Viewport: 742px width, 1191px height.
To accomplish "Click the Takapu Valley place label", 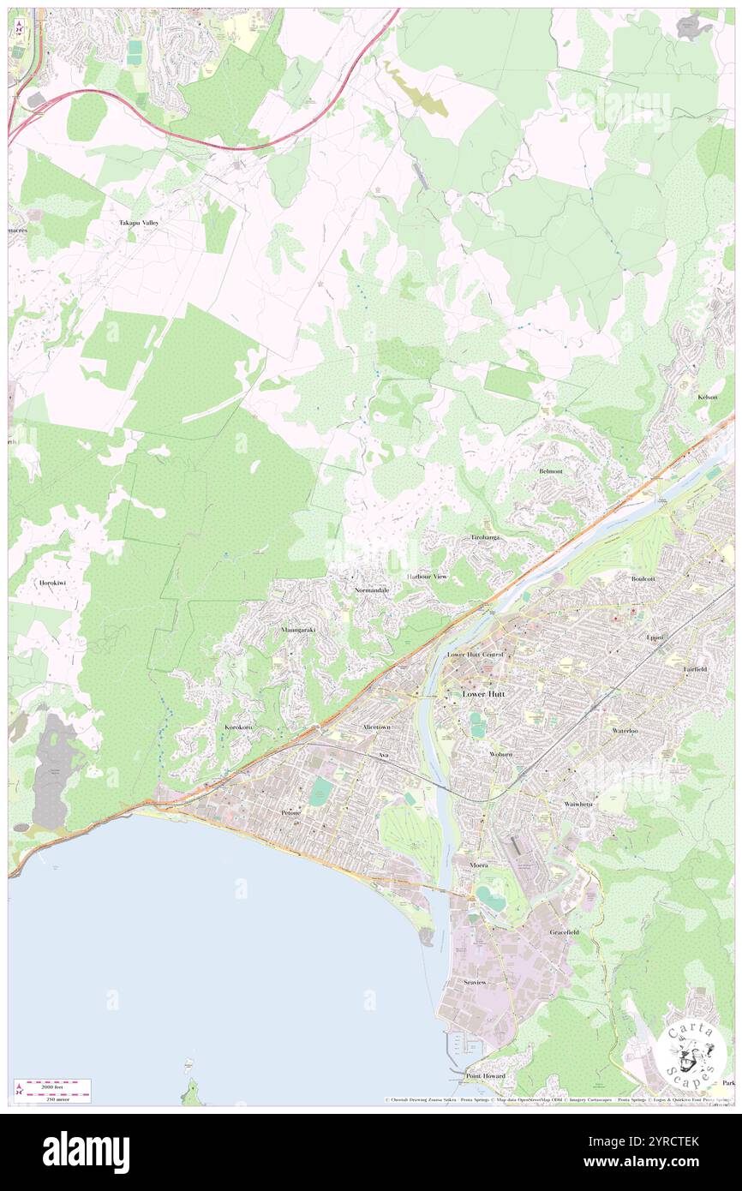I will pyautogui.click(x=139, y=223).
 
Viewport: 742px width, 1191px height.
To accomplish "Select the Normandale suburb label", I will pyautogui.click(x=372, y=591).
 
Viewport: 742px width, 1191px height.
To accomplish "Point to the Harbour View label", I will pyautogui.click(x=427, y=577).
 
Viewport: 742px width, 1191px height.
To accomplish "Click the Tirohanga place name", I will pyautogui.click(x=485, y=537).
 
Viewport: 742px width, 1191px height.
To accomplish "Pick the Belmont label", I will pyautogui.click(x=551, y=471).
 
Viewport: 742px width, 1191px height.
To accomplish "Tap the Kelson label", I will pyautogui.click(x=707, y=398).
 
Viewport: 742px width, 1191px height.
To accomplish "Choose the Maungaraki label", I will pyautogui.click(x=298, y=630).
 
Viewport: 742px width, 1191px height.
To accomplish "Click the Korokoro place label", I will pyautogui.click(x=238, y=727).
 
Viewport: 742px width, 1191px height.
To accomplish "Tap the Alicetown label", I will pyautogui.click(x=376, y=727).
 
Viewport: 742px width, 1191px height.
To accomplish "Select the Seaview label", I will pyautogui.click(x=475, y=982).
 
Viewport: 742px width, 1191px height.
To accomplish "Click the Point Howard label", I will pyautogui.click(x=486, y=1075).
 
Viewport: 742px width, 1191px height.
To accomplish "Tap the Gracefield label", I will pyautogui.click(x=565, y=931).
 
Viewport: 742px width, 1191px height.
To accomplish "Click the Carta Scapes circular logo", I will pyautogui.click(x=691, y=1056).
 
